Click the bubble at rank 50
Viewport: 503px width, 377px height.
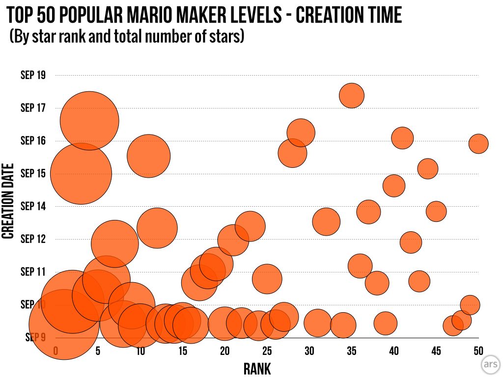pyautogui.click(x=478, y=143)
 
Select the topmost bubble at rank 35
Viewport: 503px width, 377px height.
pyautogui.click(x=352, y=95)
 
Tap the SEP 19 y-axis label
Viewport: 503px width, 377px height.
pyautogui.click(x=33, y=75)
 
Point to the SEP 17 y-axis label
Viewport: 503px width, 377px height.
pyautogui.click(x=33, y=108)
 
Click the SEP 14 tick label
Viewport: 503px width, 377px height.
pyautogui.click(x=33, y=206)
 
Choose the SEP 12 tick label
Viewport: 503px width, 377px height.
pyautogui.click(x=33, y=239)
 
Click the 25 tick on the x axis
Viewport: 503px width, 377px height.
pyautogui.click(x=267, y=350)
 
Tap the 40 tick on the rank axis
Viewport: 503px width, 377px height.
pyautogui.click(x=393, y=350)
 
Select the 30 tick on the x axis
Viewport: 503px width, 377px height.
pyautogui.click(x=309, y=350)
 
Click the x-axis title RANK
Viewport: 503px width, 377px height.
pyautogui.click(x=257, y=368)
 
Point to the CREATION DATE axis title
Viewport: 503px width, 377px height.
pyautogui.click(x=8, y=201)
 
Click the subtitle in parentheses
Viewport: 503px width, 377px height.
pyautogui.click(x=127, y=37)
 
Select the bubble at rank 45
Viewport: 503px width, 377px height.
pyautogui.click(x=436, y=212)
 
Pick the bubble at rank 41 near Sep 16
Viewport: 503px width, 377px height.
pyautogui.click(x=402, y=138)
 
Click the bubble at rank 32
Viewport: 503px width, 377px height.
pyautogui.click(x=326, y=221)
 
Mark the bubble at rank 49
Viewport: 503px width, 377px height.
pyautogui.click(x=470, y=304)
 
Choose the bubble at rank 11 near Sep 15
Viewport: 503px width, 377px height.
pyautogui.click(x=148, y=156)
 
